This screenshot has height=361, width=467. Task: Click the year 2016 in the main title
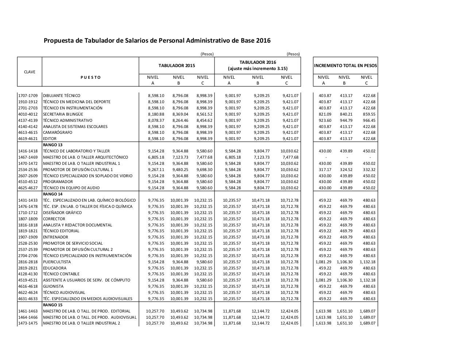263,40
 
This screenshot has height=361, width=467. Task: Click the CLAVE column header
30,72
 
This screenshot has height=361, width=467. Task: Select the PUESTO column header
90,77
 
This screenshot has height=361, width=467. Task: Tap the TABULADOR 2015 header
177,66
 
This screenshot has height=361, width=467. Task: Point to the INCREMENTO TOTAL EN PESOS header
345,66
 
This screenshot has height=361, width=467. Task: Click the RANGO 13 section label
53,145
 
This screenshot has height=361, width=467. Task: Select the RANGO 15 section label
53,305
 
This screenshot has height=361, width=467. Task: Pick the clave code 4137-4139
28,120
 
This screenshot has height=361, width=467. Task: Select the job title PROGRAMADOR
58,182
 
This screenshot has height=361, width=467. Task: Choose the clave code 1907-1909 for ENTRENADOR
28,237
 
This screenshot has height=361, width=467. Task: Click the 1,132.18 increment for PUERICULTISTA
367,262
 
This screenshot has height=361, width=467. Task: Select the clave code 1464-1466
28,317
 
